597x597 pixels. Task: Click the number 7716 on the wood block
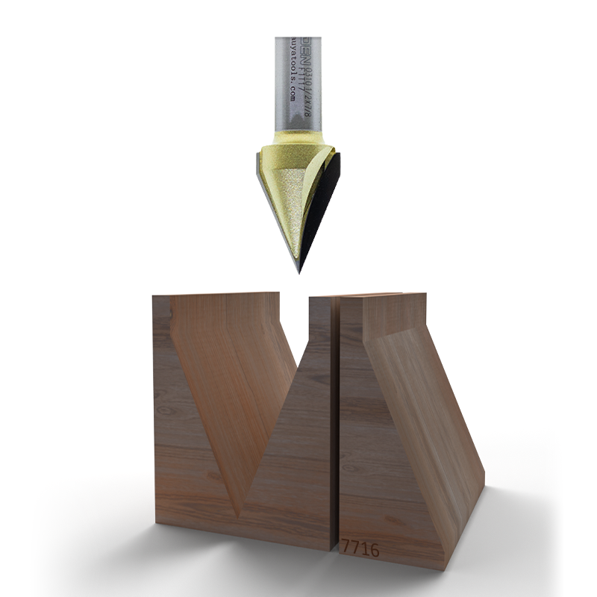(360, 549)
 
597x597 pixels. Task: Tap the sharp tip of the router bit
(299, 272)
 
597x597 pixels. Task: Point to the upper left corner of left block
(154, 297)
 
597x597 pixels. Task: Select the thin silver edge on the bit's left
(260, 179)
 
